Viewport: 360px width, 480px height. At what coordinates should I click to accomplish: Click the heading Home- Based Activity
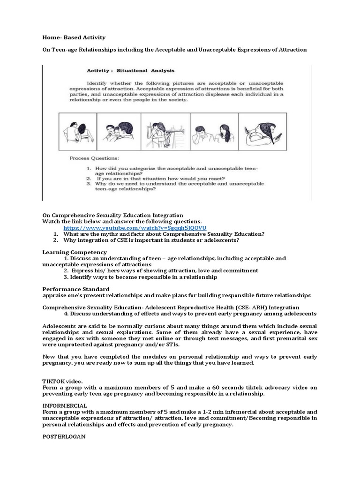click(74, 37)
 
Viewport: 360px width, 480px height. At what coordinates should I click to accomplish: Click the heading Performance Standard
click(76, 289)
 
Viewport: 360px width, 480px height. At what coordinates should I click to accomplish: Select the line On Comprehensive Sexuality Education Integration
click(112, 215)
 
